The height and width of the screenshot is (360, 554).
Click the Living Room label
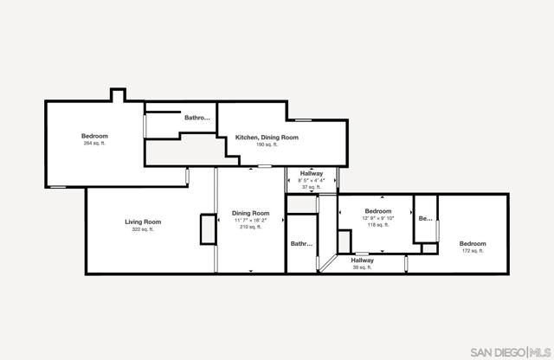tap(143, 222)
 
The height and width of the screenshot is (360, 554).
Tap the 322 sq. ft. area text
tap(143, 230)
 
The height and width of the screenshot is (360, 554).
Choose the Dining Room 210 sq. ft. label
tap(250, 213)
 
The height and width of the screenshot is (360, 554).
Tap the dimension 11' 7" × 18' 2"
tap(250, 221)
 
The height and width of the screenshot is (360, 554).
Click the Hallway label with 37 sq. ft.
tap(312, 173)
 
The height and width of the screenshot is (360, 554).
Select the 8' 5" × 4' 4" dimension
tap(312, 180)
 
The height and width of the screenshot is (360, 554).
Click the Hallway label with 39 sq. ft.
tap(362, 260)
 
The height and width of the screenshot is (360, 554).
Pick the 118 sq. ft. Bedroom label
tap(378, 211)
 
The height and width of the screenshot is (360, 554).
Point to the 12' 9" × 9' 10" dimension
tap(378, 218)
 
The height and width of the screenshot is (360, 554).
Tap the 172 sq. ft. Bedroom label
tap(473, 244)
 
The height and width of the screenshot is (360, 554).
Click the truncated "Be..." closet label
tap(425, 219)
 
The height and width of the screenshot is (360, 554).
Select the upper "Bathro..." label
tap(197, 118)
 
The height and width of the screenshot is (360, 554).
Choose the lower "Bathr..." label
tap(301, 244)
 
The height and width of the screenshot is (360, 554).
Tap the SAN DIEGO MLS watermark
tap(509, 351)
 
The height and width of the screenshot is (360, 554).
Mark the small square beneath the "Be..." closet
tap(429, 248)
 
